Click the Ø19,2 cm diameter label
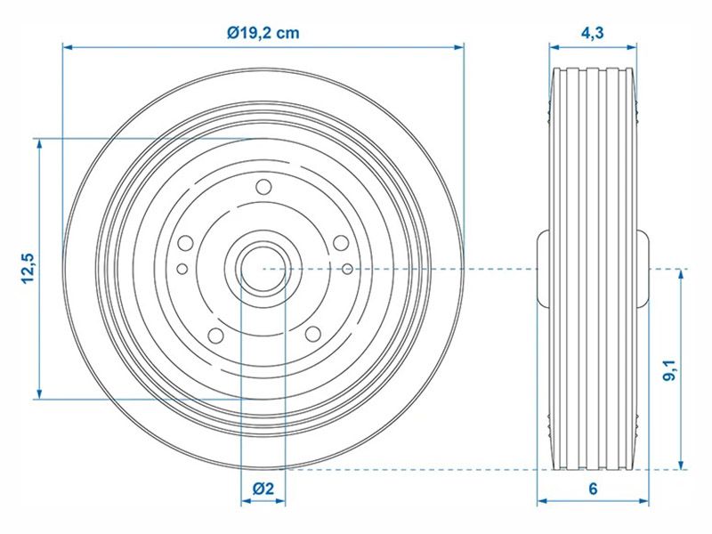263,33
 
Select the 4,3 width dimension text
593,33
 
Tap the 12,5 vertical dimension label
27,268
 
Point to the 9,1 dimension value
669,368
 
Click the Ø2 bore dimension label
262,488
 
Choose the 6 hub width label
593,488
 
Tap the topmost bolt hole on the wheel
263,188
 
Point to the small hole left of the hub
182,268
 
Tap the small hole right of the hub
345,267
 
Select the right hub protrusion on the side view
643,267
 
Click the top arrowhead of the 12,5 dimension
39,143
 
